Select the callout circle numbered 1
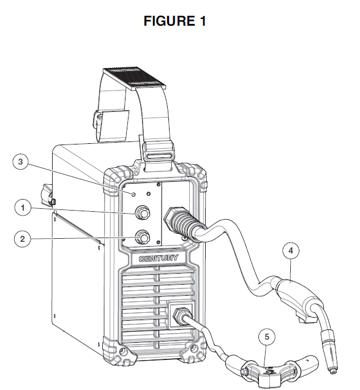[23, 208]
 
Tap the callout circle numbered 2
[23, 239]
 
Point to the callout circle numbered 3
[23, 162]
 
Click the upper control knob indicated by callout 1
[143, 212]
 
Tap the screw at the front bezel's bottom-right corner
[194, 351]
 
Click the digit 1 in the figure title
[202, 21]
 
